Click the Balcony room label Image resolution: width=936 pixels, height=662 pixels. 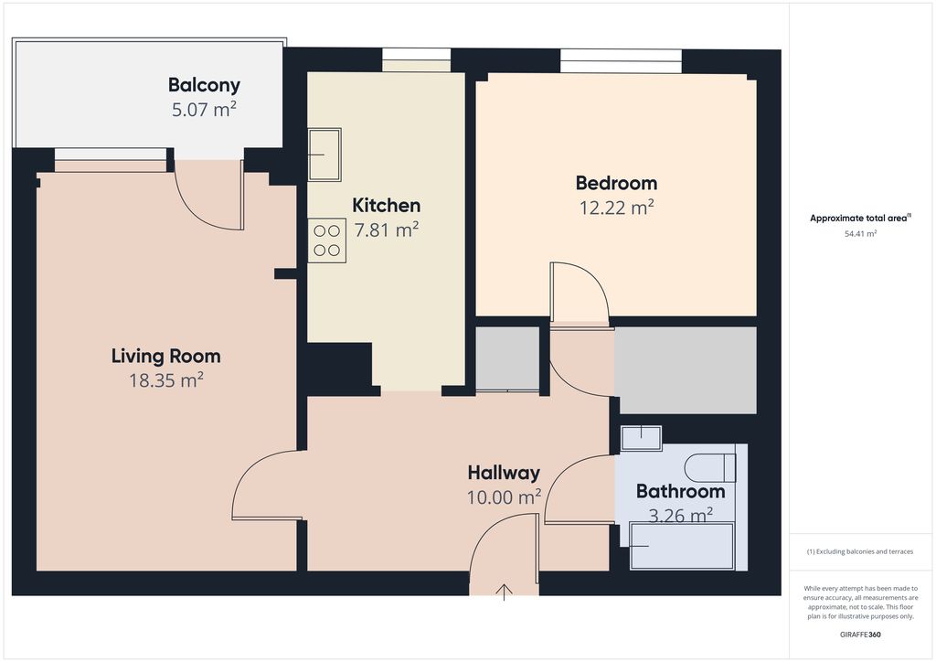(204, 85)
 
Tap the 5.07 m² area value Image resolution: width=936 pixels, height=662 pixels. (204, 109)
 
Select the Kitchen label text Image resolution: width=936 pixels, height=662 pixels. (387, 206)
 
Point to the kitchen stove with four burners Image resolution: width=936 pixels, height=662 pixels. (327, 240)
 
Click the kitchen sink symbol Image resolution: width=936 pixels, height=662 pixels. (324, 155)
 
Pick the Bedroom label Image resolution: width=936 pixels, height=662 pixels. (617, 183)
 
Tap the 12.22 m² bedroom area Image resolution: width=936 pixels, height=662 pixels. (617, 208)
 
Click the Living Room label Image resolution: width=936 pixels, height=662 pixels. (166, 357)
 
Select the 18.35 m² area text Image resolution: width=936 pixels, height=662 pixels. (166, 380)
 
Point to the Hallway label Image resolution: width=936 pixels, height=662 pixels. (504, 473)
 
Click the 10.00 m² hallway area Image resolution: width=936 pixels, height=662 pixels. (504, 496)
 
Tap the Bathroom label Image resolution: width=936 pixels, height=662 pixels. (680, 491)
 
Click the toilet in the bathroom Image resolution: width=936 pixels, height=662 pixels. (710, 467)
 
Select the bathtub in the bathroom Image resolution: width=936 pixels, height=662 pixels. (682, 546)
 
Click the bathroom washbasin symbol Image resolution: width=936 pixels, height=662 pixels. (641, 438)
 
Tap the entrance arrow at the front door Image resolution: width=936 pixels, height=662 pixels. (505, 592)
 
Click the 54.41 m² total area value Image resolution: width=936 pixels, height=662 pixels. (860, 234)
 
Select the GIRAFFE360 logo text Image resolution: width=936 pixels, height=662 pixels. (860, 635)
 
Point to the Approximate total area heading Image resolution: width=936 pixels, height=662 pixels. (860, 218)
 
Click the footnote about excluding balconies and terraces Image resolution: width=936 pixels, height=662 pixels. (860, 551)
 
